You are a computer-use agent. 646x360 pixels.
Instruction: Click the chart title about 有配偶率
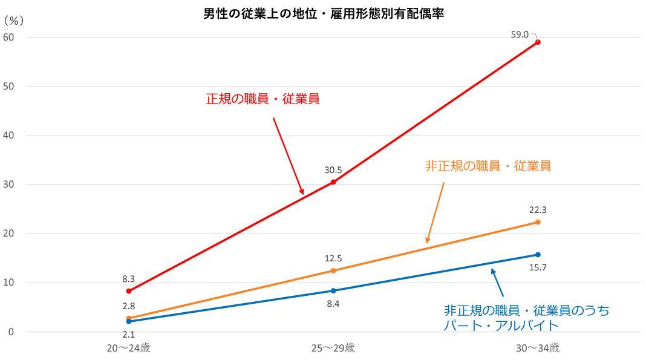(323, 14)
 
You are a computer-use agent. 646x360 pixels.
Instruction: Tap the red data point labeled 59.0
(538, 42)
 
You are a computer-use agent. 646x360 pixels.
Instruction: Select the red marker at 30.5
(333, 182)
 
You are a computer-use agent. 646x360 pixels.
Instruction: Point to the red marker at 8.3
(129, 291)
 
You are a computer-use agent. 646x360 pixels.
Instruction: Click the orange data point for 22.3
(538, 222)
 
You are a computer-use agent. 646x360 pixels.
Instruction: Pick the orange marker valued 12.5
(333, 270)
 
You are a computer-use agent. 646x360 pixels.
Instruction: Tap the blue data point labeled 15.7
(538, 255)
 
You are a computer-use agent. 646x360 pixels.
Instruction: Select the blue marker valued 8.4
(333, 290)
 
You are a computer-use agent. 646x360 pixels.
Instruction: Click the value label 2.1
(128, 335)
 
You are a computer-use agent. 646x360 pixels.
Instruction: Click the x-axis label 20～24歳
(128, 349)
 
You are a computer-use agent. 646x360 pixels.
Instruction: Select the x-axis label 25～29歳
(333, 349)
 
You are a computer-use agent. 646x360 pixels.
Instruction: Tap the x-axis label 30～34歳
(538, 349)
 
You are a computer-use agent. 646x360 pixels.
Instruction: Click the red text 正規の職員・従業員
(263, 99)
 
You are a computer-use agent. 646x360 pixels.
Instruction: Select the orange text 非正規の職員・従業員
(488, 166)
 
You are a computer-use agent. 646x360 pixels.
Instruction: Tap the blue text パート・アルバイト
(500, 325)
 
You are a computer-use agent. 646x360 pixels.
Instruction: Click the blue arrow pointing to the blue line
(497, 283)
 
